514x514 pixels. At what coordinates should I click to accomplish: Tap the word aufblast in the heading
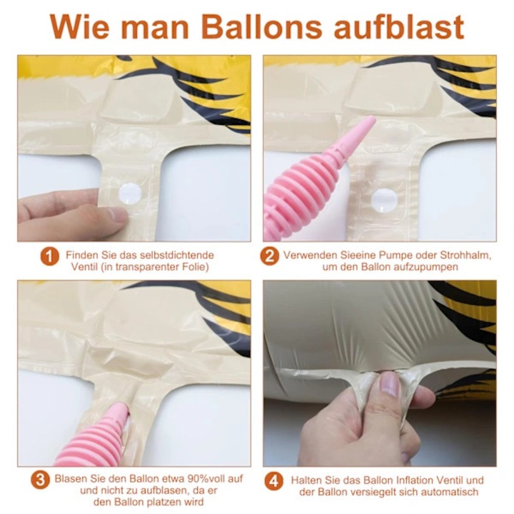tap(399, 26)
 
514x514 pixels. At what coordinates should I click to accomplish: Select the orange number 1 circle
tap(49, 256)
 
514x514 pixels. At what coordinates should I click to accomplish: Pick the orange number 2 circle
tap(269, 256)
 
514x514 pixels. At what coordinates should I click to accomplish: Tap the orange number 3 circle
tap(40, 480)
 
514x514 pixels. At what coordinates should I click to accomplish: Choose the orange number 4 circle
tap(273, 481)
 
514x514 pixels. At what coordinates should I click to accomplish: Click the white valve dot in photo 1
tap(130, 194)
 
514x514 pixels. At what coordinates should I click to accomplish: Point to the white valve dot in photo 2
tap(384, 201)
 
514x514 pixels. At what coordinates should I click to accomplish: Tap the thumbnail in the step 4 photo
tap(390, 384)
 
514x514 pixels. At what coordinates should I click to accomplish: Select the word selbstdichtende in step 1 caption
tap(177, 255)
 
